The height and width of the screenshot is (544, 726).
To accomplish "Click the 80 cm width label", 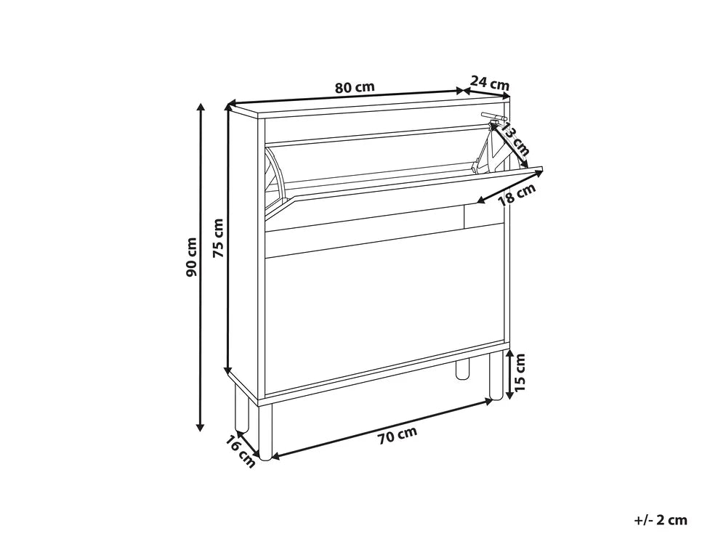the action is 355,87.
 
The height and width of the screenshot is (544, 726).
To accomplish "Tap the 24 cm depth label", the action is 490,84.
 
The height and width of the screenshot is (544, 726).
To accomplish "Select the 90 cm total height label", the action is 191,257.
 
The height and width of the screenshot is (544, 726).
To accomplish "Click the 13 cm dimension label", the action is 515,139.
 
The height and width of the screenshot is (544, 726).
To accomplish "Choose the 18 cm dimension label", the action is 517,194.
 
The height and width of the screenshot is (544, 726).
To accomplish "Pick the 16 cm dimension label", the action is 241,452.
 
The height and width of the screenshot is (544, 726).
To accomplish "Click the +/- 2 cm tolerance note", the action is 661,520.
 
